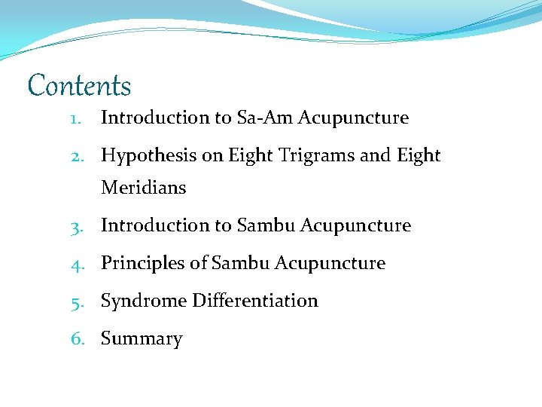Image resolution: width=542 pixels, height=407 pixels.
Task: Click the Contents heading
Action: [x=79, y=86]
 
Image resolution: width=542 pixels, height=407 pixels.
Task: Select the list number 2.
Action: [x=77, y=156]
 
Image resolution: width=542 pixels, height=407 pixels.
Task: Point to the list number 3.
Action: [x=77, y=226]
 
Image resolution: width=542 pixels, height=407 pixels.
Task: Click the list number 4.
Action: [x=77, y=264]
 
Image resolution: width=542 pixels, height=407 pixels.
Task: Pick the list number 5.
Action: [x=77, y=301]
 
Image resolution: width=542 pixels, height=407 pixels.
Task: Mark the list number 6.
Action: [x=77, y=339]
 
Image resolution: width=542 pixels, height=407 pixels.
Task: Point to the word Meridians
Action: [x=143, y=188]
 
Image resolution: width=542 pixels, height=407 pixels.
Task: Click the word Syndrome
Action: [x=143, y=301]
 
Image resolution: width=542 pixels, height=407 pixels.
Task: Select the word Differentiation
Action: [x=254, y=301]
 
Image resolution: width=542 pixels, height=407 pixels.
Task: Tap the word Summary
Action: [x=142, y=340]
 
